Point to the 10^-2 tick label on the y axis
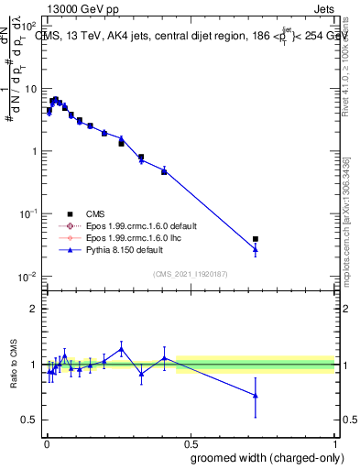28,276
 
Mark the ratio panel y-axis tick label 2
33,309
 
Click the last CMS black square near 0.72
256,239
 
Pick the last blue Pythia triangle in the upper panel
256,249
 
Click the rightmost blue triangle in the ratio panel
256,395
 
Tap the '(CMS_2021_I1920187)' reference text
190,273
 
